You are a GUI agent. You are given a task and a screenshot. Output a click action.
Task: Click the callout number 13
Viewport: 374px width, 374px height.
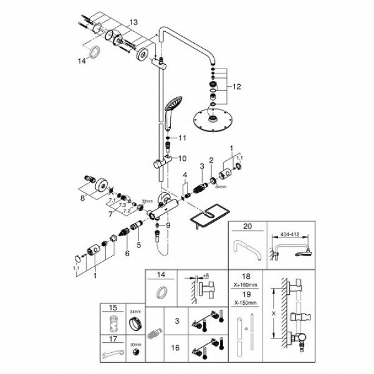click(133, 22)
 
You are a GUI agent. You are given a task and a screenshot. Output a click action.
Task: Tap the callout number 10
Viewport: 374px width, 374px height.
click(183, 158)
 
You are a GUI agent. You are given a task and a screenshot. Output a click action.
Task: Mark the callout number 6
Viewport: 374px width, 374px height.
click(127, 253)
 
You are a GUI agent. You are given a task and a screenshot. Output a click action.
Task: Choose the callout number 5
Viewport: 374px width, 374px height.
click(139, 246)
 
